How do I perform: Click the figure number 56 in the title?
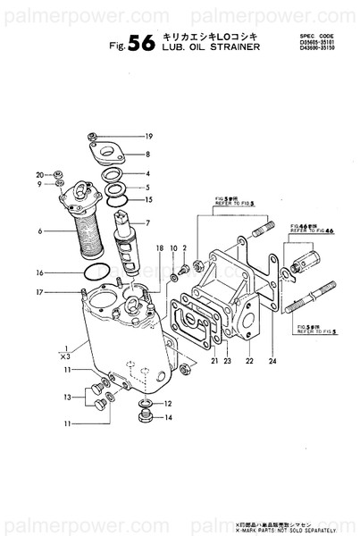click(142, 48)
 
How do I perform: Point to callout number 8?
click(148, 154)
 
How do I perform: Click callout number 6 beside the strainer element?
click(40, 231)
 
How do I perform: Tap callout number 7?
click(148, 222)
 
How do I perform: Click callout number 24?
click(272, 360)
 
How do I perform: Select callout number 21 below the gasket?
click(214, 360)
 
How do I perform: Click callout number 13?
click(41, 397)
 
